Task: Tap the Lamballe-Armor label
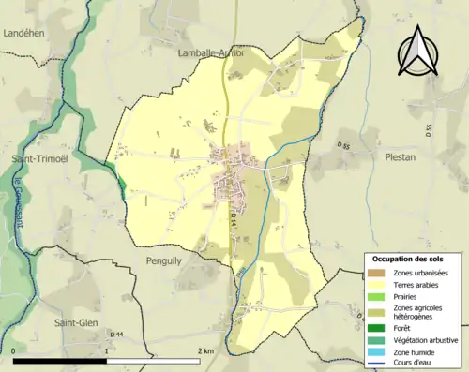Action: pyautogui.click(x=211, y=53)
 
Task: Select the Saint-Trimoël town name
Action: pyautogui.click(x=36, y=159)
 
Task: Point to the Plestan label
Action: pyautogui.click(x=400, y=157)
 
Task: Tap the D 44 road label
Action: pyautogui.click(x=117, y=335)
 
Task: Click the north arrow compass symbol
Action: pyautogui.click(x=417, y=52)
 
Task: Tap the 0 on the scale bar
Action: pyautogui.click(x=14, y=350)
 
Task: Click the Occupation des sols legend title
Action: pyautogui.click(x=410, y=258)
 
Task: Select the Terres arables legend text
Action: pyautogui.click(x=417, y=285)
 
